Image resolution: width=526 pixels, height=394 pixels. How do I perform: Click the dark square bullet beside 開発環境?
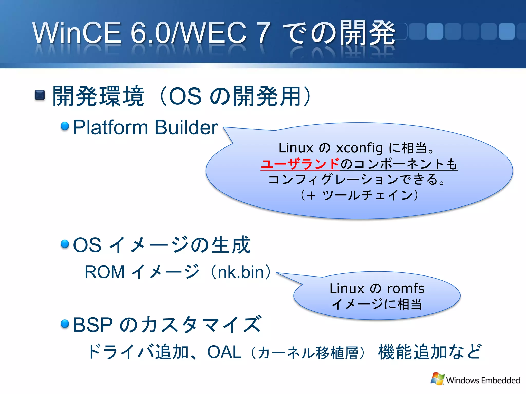[x=40, y=95]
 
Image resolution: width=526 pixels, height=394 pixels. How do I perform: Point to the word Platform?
[x=110, y=127]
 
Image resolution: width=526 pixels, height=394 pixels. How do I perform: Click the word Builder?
[x=186, y=127]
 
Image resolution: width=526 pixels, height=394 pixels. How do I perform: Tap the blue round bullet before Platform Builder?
[x=65, y=126]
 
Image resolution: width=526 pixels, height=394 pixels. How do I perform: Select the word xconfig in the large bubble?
[x=359, y=148]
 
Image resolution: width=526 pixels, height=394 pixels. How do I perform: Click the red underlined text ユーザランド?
[x=300, y=164]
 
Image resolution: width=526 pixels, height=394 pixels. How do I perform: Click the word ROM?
[x=105, y=272]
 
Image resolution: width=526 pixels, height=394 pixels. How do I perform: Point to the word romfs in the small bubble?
[x=406, y=289]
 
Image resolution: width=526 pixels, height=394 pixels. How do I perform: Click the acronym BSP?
[x=93, y=325]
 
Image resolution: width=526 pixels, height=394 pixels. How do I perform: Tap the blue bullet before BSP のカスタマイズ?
[x=65, y=323]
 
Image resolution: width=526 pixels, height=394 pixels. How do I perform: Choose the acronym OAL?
[x=224, y=352]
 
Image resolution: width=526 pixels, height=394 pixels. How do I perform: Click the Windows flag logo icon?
[x=437, y=379]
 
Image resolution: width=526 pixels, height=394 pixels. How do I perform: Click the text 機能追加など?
[x=430, y=352]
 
